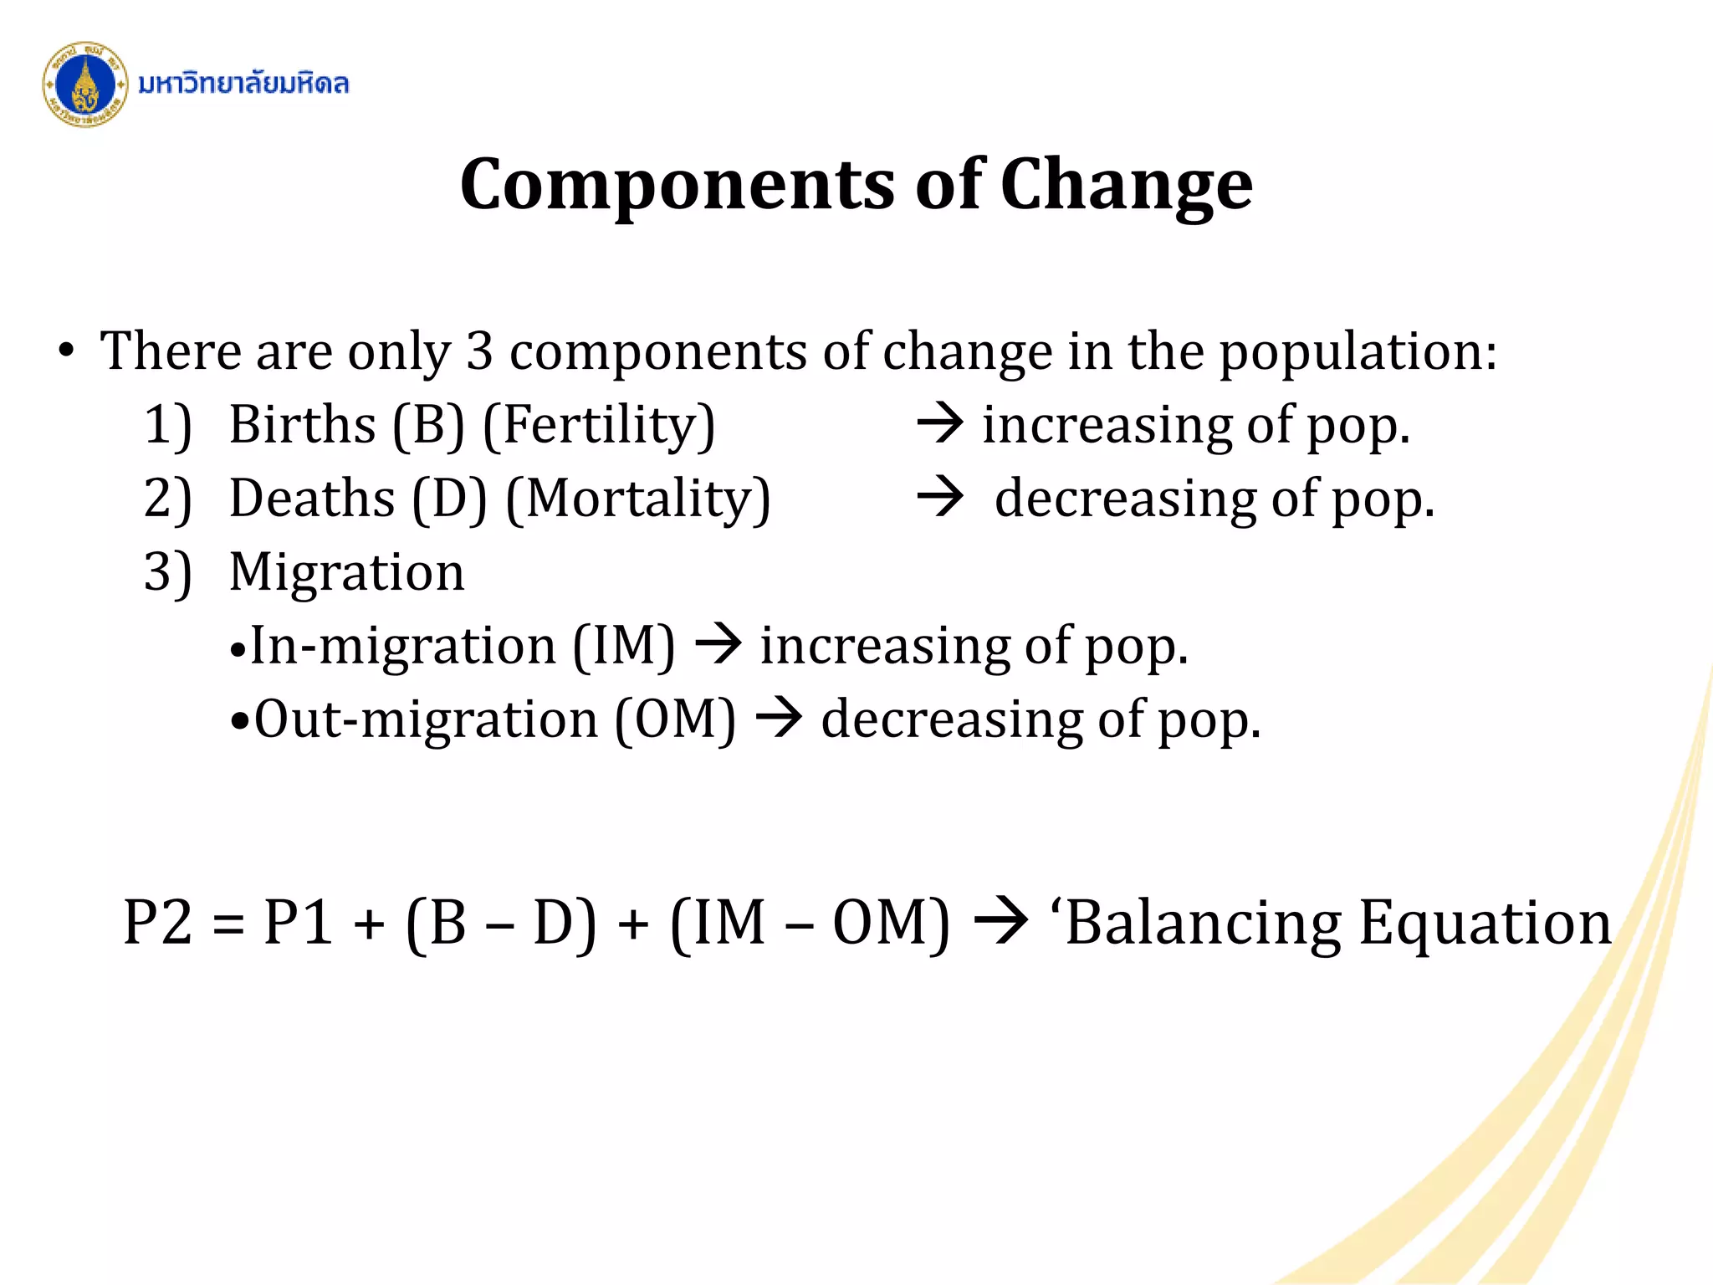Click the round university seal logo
84,84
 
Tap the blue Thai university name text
243,84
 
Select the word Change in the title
1126,185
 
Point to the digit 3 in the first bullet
479,351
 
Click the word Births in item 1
302,425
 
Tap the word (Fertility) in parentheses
599,425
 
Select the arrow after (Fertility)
940,422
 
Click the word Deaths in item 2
312,499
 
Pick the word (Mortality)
637,499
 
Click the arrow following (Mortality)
940,497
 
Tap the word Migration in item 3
346,572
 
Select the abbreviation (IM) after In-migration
623,646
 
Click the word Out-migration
427,719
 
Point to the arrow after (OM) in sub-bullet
779,719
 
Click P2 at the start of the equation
157,923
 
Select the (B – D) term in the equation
501,923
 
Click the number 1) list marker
168,425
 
